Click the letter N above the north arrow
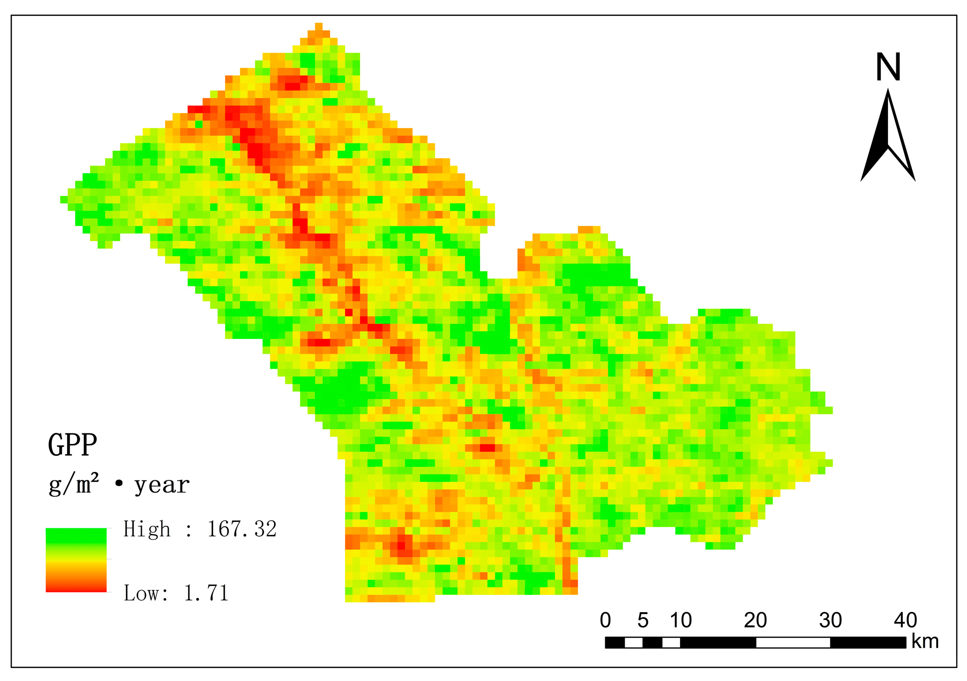tap(888, 67)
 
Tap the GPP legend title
tap(73, 445)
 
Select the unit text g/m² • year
tap(119, 485)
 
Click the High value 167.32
tap(242, 529)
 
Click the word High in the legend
tap(147, 529)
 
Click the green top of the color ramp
tap(76, 535)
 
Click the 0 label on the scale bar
tap(605, 620)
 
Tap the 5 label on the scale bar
tap(643, 620)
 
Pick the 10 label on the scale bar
tap(680, 620)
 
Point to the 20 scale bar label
tap(755, 620)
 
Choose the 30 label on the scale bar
tap(830, 620)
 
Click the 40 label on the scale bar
tap(905, 620)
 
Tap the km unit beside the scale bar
tap(925, 641)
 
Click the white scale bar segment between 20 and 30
tap(793, 643)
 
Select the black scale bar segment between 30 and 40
tap(868, 643)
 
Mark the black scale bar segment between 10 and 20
tap(718, 643)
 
